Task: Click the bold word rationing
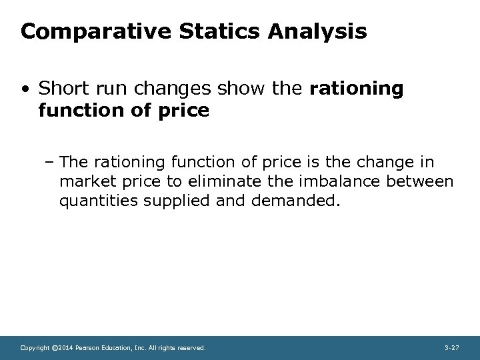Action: [x=357, y=89]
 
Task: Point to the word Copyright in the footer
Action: [x=34, y=348]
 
